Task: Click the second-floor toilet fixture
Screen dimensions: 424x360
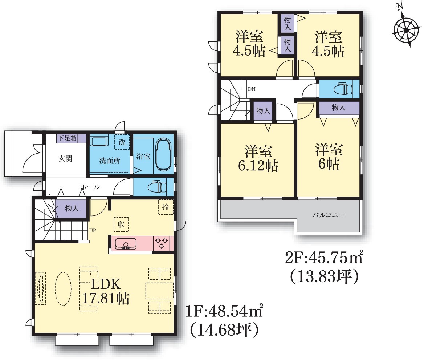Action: point(343,89)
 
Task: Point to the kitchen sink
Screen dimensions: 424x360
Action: point(126,244)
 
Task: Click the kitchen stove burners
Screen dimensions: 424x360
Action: point(162,243)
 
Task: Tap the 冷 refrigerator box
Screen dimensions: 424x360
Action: point(166,207)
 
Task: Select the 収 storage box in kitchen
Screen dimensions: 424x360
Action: point(121,224)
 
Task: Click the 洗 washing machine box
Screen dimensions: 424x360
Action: point(122,142)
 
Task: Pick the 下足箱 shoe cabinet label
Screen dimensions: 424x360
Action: point(67,138)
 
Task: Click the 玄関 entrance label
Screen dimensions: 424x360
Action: point(65,159)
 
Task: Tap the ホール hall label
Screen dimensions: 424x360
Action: point(90,187)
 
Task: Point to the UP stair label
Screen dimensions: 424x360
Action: point(93,231)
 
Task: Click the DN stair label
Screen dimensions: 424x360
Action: point(252,89)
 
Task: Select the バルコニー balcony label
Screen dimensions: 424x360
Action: point(329,215)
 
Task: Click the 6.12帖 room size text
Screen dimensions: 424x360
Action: point(258,166)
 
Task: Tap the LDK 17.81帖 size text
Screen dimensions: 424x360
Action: point(106,291)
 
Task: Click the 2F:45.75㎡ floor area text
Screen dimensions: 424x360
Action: point(324,258)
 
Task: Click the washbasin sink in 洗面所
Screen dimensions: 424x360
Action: point(99,141)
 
